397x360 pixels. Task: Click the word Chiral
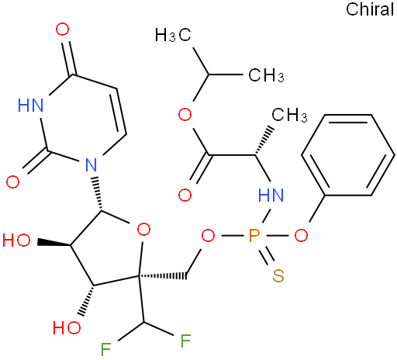coord(370,9)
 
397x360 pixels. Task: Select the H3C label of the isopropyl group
coord(173,35)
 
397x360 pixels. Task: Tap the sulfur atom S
coord(278,275)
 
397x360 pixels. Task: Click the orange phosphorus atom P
coord(254,236)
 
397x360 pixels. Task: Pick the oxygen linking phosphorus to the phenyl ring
coord(301,236)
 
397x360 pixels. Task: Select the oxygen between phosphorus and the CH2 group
coord(208,236)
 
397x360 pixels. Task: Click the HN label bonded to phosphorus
coord(271,195)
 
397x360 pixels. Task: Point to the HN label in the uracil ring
coord(30,106)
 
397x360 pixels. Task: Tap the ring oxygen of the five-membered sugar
coord(143,230)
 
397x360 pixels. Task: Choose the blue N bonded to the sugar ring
coord(91,164)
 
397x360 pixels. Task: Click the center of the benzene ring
coord(348,155)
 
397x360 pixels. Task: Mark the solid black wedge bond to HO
coord(54,242)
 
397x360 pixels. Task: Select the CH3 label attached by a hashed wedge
coord(289,115)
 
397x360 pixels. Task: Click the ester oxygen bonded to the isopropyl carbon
coord(185,115)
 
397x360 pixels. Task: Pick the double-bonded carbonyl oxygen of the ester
coord(185,195)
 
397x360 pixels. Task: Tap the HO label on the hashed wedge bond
coord(67,327)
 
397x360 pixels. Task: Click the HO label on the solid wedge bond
coord(16,241)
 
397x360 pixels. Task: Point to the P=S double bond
coord(266,255)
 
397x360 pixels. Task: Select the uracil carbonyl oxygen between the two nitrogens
coord(12,182)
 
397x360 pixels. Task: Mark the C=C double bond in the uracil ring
coord(119,112)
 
